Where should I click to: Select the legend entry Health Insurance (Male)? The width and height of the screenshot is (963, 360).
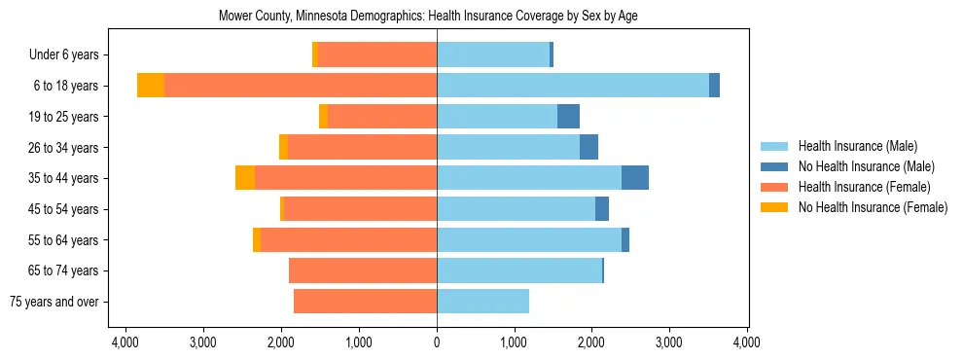(x=857, y=146)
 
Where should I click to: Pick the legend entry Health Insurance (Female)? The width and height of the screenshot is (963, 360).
(x=864, y=187)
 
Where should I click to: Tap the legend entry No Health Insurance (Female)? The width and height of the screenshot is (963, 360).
(x=873, y=207)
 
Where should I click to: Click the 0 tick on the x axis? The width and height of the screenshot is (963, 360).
(x=437, y=342)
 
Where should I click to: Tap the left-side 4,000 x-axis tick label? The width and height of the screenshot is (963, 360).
(x=125, y=342)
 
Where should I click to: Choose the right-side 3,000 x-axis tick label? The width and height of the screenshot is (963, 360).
(x=669, y=342)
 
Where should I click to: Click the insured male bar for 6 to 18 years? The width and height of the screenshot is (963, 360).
(x=573, y=86)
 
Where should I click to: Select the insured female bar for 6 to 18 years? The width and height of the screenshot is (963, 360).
(x=301, y=86)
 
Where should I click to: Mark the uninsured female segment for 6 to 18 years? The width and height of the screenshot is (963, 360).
(x=151, y=86)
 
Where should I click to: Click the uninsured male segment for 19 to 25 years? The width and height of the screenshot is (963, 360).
(x=568, y=117)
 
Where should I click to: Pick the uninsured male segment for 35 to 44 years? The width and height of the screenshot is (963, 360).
(x=635, y=178)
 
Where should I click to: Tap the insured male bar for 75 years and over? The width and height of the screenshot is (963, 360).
(x=482, y=302)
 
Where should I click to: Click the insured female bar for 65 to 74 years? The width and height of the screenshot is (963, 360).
(x=363, y=270)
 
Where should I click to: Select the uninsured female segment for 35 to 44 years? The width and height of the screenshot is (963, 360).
(x=245, y=178)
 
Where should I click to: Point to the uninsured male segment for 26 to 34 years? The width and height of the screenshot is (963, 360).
(x=588, y=147)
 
